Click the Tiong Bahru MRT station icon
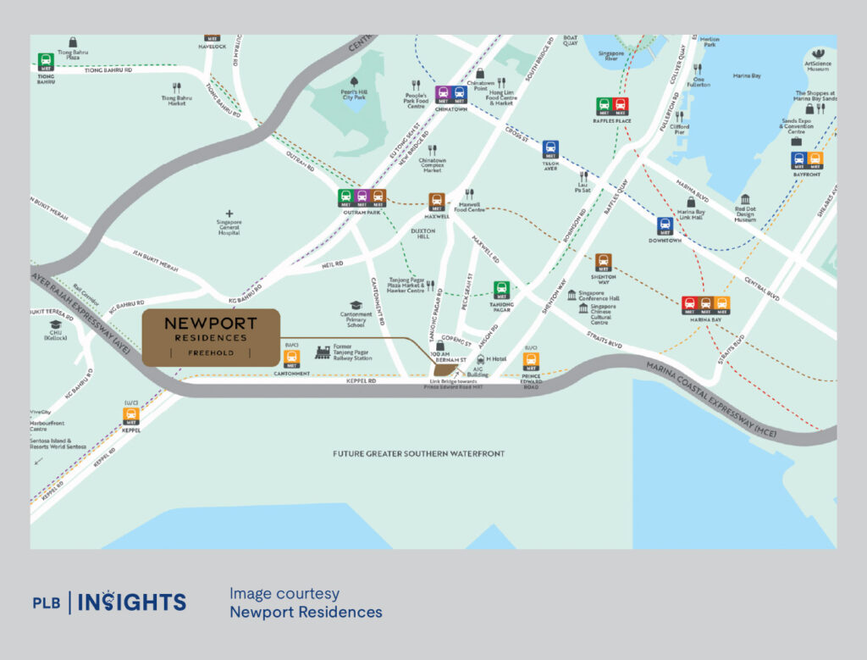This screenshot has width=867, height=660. (46, 62)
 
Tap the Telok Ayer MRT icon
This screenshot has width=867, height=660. (550, 148)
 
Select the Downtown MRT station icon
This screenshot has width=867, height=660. (665, 225)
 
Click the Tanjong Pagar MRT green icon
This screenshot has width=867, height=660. (501, 290)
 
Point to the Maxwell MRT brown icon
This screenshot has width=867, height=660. (437, 202)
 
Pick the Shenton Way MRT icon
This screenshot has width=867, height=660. (603, 262)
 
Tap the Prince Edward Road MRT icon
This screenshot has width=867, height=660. (531, 360)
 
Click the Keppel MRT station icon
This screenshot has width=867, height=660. (130, 415)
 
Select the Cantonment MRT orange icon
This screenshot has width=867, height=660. (291, 358)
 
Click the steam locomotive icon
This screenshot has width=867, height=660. (323, 352)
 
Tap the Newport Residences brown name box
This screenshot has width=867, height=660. (210, 337)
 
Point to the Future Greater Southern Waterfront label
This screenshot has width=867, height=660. (418, 454)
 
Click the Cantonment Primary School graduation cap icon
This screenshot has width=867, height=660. (356, 305)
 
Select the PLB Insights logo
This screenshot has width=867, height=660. (109, 602)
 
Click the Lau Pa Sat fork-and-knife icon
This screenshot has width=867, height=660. (583, 174)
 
